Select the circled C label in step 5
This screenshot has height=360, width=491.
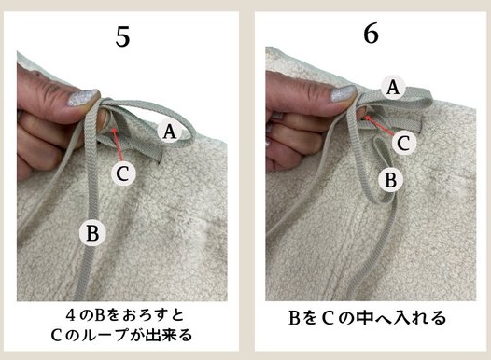(123, 173)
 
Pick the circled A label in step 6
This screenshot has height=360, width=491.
(394, 88)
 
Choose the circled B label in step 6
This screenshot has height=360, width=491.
(392, 175)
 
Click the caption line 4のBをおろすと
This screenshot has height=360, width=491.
(121, 310)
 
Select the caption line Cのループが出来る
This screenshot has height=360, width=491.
(121, 330)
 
